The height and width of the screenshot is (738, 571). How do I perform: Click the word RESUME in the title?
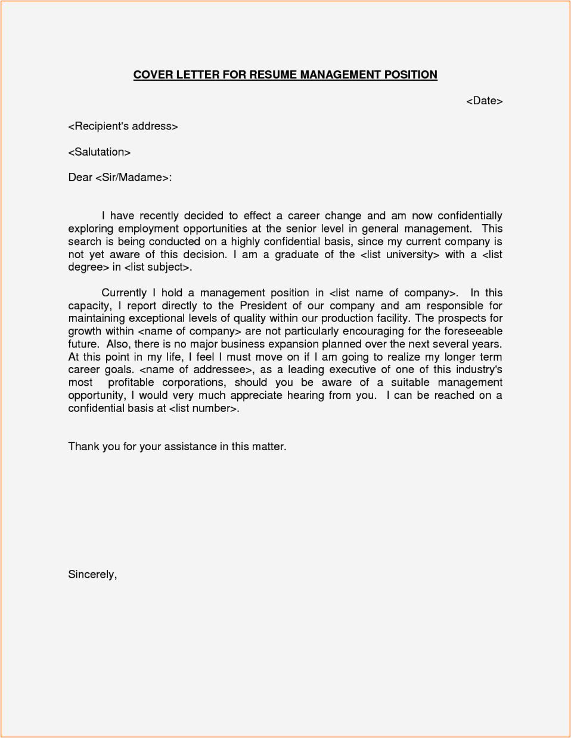273,75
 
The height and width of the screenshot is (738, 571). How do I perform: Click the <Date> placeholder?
484,101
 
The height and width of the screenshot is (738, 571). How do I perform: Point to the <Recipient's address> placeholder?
123,126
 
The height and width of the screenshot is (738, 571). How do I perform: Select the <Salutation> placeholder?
99,152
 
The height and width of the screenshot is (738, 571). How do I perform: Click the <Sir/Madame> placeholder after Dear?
132,178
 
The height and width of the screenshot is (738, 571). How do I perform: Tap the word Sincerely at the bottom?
92,575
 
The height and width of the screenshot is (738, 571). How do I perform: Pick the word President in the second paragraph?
263,306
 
